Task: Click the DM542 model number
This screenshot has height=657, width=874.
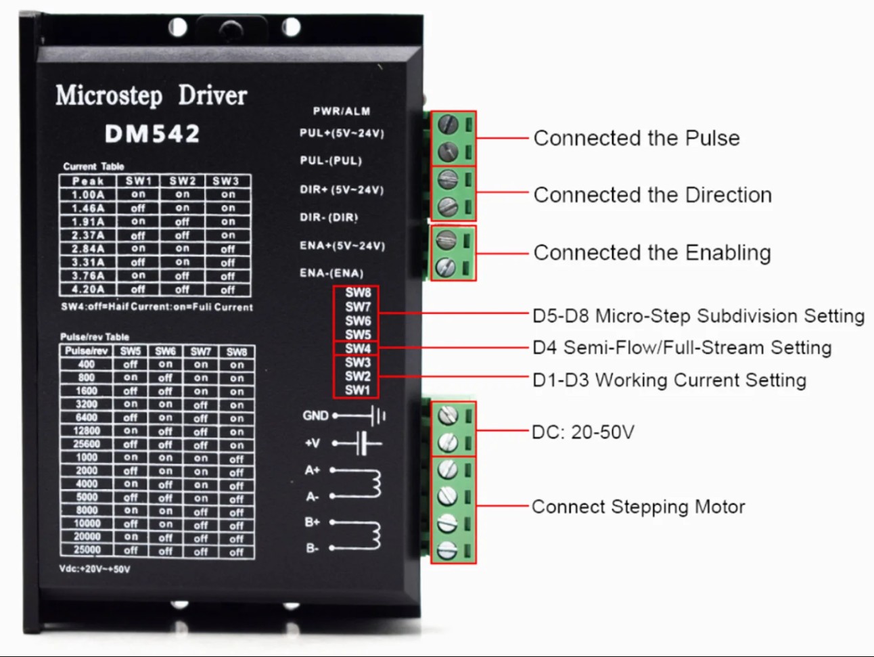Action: (152, 133)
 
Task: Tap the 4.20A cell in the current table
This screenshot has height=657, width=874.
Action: (88, 290)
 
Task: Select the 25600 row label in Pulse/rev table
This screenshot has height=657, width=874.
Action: (87, 444)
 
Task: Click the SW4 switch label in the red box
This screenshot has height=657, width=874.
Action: (357, 348)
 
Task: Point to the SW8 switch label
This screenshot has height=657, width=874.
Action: (357, 293)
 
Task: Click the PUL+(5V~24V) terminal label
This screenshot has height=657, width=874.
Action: (342, 133)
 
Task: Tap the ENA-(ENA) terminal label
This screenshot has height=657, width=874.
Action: (331, 273)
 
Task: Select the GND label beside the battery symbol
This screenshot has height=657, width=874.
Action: (315, 415)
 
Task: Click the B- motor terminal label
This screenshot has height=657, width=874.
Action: (312, 548)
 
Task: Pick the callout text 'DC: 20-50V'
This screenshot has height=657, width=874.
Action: (583, 432)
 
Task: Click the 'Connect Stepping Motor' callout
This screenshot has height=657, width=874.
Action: (638, 507)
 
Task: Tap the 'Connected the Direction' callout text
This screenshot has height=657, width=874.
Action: (652, 195)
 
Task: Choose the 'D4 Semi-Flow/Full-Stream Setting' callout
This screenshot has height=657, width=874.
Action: (682, 348)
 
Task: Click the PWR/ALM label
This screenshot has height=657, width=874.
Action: (342, 111)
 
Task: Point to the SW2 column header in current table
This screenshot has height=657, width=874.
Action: (182, 181)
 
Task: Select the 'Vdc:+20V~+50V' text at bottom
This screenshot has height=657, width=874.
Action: (94, 569)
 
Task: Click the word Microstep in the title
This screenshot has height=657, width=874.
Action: (109, 95)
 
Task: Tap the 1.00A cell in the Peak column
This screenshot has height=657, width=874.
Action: (88, 195)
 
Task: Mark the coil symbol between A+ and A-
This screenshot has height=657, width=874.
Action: (371, 482)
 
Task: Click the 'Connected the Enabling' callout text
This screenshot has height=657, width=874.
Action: (652, 253)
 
